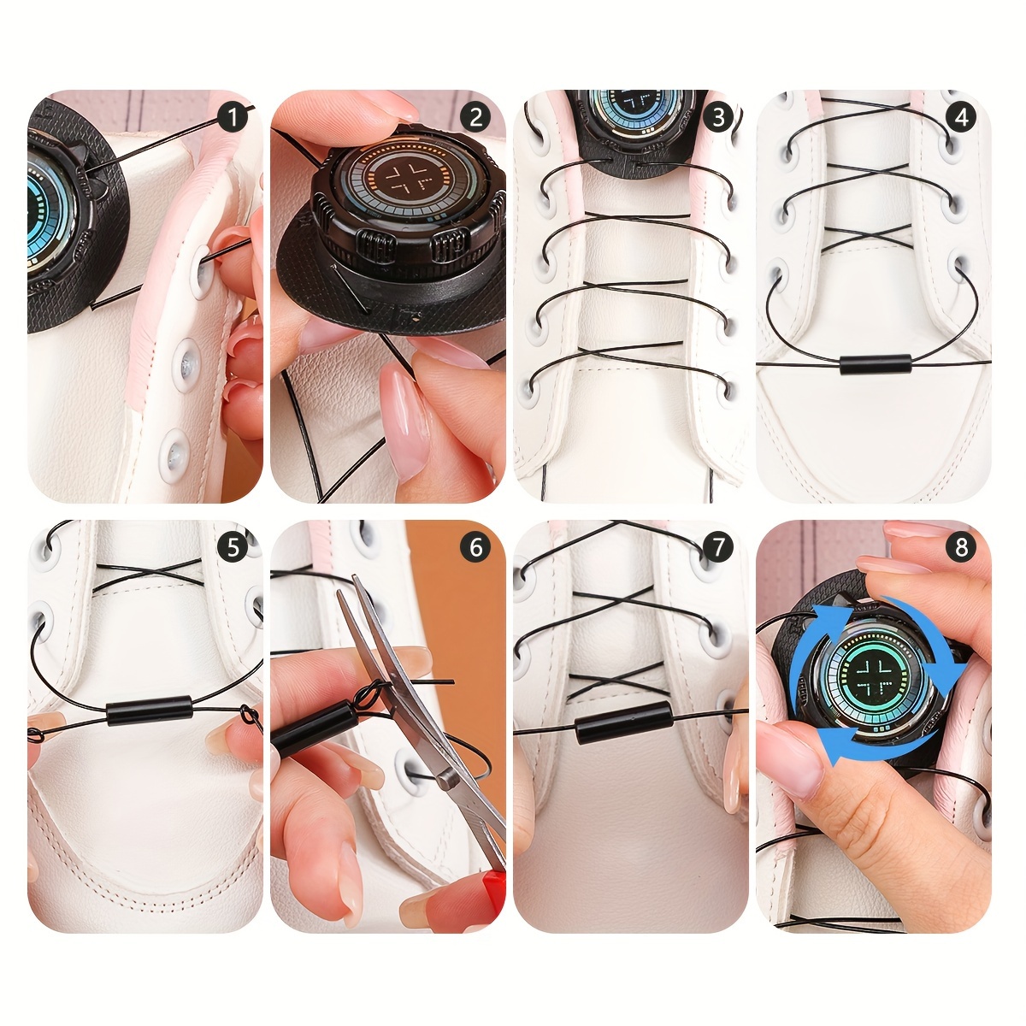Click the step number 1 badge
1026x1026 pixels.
(x=233, y=118)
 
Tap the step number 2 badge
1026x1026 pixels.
(x=476, y=118)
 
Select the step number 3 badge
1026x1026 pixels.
(x=719, y=118)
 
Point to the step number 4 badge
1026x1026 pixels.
(x=962, y=118)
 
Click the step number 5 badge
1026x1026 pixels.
(x=233, y=548)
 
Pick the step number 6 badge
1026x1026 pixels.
(x=476, y=548)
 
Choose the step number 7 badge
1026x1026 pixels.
(x=719, y=548)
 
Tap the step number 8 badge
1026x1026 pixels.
(x=962, y=548)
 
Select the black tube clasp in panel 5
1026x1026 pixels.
(x=149, y=713)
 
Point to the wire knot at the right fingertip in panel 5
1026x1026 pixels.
(x=249, y=716)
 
